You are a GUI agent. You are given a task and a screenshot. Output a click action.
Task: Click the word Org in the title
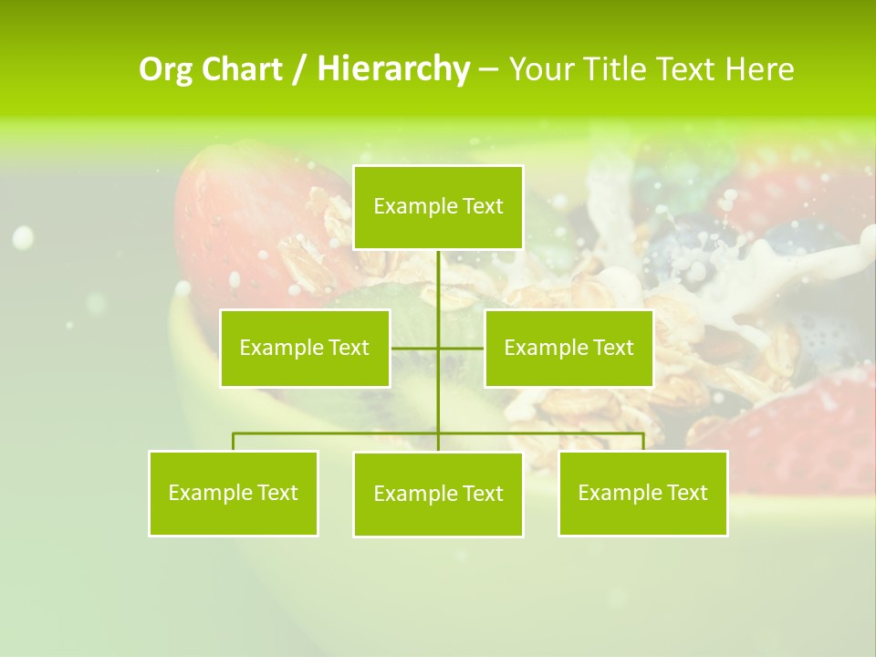pyautogui.click(x=166, y=69)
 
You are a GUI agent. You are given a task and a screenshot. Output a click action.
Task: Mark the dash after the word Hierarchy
pyautogui.click(x=488, y=70)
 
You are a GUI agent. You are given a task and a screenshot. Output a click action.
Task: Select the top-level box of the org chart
pyautogui.click(x=438, y=207)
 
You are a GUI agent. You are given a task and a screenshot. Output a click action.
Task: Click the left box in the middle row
pyautogui.click(x=305, y=348)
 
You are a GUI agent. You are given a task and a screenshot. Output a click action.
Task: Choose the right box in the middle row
pyautogui.click(x=568, y=348)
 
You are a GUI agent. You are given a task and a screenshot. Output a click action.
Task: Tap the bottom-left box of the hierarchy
pyautogui.click(x=234, y=493)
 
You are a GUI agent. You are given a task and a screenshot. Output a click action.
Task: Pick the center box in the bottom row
pyautogui.click(x=438, y=494)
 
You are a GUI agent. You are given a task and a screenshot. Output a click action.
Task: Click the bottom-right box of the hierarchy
pyautogui.click(x=642, y=493)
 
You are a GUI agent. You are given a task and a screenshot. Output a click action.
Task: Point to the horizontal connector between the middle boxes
pyautogui.click(x=415, y=348)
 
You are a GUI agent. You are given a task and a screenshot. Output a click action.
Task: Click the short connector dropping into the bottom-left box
pyautogui.click(x=234, y=442)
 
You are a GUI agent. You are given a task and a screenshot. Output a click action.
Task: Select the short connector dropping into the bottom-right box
pyautogui.click(x=642, y=442)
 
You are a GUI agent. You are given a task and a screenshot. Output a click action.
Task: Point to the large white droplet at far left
pyautogui.click(x=23, y=238)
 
